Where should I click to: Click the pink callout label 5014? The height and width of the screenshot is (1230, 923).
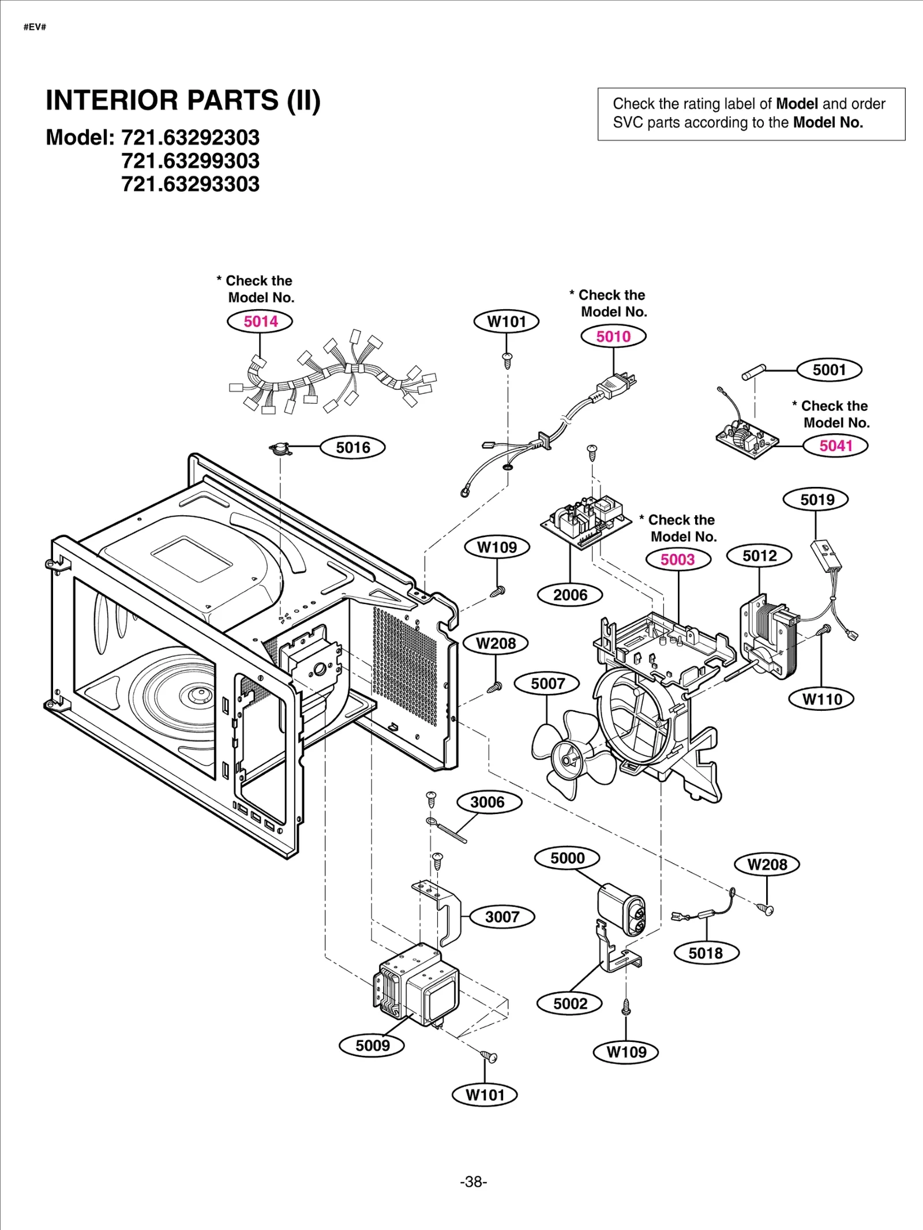(x=260, y=321)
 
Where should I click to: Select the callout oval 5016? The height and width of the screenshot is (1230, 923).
(x=352, y=447)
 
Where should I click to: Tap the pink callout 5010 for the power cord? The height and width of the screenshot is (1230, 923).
(x=613, y=336)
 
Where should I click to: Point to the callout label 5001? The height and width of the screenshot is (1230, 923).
(x=829, y=370)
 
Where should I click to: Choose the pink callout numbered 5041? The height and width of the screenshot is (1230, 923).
(x=835, y=445)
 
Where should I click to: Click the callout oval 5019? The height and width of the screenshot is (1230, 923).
(x=816, y=500)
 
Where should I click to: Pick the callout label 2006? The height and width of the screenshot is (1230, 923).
(x=570, y=595)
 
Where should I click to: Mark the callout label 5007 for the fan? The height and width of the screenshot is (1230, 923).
(x=547, y=684)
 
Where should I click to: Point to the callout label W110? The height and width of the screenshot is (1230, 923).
(x=821, y=699)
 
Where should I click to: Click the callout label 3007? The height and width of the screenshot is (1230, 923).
(x=502, y=917)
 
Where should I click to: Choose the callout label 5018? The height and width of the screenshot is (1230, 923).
(x=706, y=953)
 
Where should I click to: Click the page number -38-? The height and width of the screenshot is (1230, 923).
(x=473, y=1182)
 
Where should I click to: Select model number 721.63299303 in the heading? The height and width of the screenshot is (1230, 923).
(x=190, y=161)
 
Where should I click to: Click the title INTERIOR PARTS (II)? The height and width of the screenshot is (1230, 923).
(x=183, y=100)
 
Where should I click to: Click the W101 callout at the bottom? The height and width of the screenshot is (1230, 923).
(x=485, y=1095)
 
